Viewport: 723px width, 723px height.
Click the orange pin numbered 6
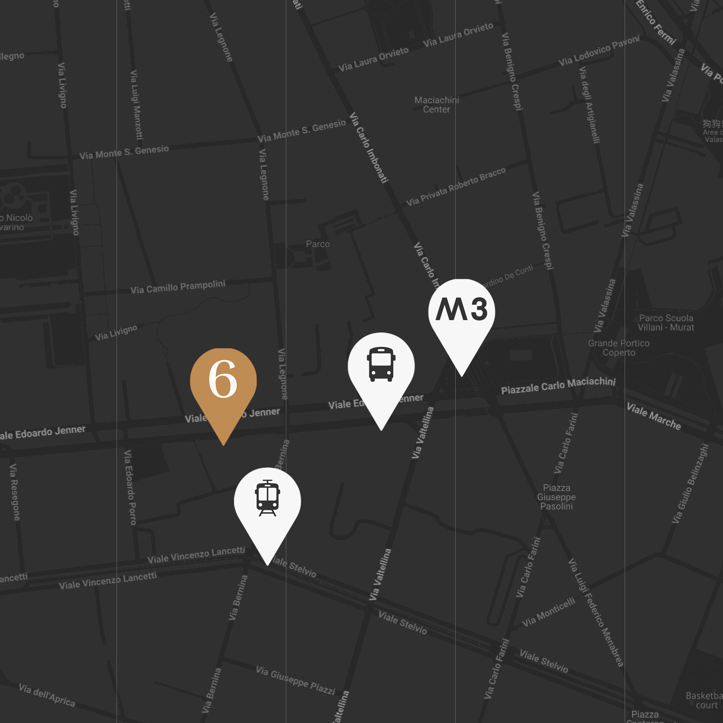click(223, 381)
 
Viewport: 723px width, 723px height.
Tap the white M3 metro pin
click(462, 312)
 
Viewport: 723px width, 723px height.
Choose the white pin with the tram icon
click(267, 500)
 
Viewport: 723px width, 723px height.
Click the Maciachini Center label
click(437, 105)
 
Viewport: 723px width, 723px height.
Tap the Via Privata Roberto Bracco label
click(456, 187)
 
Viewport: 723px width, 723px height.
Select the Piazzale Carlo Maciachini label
click(558, 386)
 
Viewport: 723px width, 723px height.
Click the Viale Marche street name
click(653, 416)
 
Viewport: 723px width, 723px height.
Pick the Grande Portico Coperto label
click(619, 348)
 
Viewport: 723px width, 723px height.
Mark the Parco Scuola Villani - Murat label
click(666, 323)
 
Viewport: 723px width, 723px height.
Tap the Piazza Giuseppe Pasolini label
click(556, 497)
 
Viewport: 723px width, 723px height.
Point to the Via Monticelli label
click(548, 612)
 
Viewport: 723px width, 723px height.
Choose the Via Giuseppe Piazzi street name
click(295, 680)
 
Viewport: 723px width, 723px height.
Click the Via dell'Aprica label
click(47, 695)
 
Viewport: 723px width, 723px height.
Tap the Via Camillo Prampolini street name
click(178, 287)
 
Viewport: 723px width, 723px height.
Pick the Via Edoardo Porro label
click(130, 487)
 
